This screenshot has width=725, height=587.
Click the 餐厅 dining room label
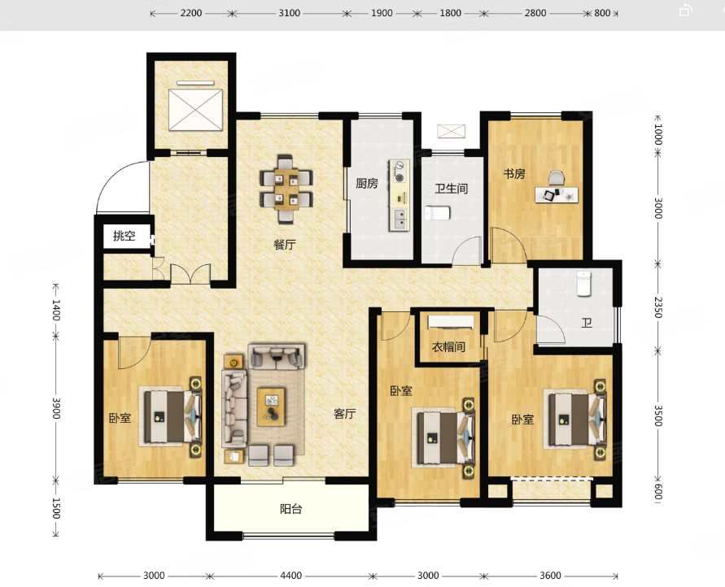[284, 245]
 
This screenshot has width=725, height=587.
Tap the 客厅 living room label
[345, 413]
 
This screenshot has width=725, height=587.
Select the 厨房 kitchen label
[367, 184]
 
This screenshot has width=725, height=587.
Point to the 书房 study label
[514, 174]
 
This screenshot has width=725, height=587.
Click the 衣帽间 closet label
[448, 347]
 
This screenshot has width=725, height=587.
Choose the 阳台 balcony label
[291, 509]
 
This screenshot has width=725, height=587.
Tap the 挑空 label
[124, 236]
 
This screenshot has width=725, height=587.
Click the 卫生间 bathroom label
[452, 189]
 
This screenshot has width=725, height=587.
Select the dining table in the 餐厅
[286, 189]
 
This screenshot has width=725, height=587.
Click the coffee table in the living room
[271, 407]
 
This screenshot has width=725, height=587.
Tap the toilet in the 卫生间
[438, 213]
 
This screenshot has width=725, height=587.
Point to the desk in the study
[557, 195]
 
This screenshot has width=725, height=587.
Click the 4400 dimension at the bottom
[291, 576]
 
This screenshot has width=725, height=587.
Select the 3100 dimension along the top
[290, 13]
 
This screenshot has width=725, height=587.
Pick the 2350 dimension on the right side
[658, 307]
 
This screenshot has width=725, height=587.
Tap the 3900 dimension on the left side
[56, 408]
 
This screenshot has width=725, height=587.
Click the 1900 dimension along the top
[382, 13]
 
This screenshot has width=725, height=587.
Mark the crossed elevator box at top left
[195, 110]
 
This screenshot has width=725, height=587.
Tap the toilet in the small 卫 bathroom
[584, 284]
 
